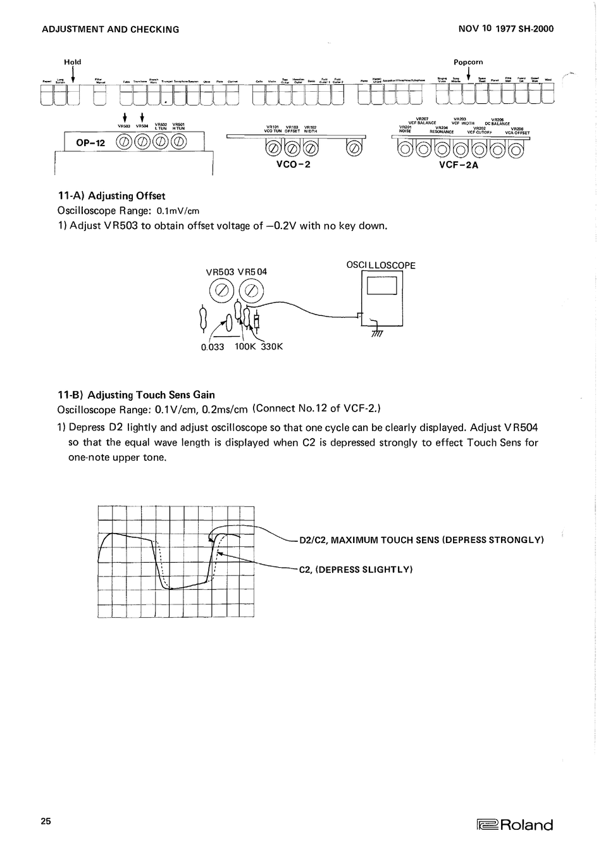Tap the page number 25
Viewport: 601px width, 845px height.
[46, 821]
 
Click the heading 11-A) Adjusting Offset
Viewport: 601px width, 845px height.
[111, 196]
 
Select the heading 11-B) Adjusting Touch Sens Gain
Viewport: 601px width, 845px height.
[136, 395]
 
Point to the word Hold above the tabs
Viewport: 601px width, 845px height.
[73, 62]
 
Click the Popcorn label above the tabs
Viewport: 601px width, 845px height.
[468, 62]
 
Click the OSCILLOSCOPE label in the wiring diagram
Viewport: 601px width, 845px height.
[381, 265]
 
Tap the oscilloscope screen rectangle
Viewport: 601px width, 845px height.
[381, 286]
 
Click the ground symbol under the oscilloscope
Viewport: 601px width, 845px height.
[378, 333]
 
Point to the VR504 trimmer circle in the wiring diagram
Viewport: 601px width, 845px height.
[251, 291]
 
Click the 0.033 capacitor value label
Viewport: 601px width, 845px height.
[213, 347]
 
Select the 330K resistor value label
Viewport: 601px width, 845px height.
[271, 346]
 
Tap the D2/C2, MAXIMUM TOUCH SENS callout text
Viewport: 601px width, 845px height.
[421, 540]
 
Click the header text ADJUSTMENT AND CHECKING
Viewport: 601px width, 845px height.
[110, 29]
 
